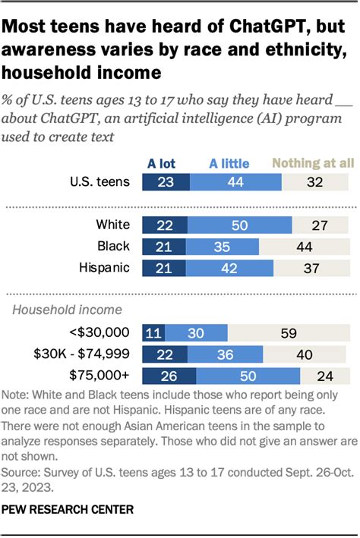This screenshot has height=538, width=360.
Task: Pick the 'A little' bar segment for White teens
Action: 240,225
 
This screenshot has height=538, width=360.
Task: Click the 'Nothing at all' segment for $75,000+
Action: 326,375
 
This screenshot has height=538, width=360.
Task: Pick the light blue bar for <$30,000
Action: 196,332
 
